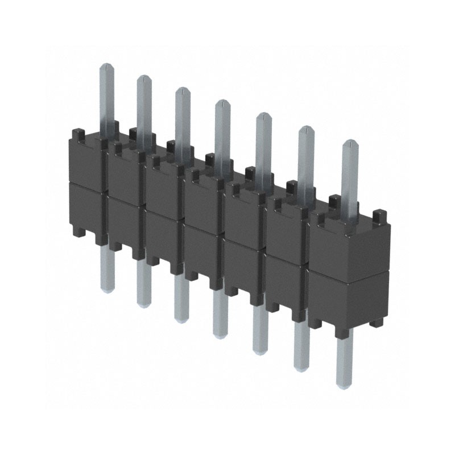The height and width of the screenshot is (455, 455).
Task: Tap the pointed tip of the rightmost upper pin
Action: (x=350, y=142)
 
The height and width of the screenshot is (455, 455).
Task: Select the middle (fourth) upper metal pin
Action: (x=222, y=131)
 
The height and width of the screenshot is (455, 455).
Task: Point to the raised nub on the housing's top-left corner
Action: (x=78, y=135)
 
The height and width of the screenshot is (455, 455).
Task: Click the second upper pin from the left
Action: (x=144, y=108)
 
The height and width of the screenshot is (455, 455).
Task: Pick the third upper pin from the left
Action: (x=182, y=119)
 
